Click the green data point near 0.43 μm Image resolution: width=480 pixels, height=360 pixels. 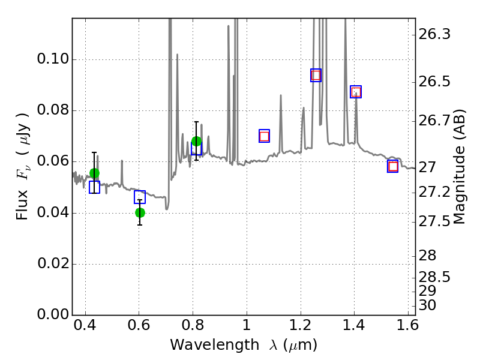pos(94,173)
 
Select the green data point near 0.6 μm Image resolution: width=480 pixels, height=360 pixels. pos(140,212)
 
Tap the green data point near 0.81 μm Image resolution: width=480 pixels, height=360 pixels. pos(196,142)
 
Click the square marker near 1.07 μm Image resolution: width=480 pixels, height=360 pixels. pos(264,136)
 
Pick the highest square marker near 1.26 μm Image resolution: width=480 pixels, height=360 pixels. pos(316,75)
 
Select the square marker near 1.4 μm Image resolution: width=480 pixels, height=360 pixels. pos(356,92)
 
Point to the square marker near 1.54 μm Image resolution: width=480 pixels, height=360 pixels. pos(393,166)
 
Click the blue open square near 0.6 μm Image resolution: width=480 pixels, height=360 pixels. pos(140,197)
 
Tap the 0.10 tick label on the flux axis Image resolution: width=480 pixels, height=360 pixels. pos(52,60)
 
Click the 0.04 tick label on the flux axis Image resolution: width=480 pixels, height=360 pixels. pos(52,214)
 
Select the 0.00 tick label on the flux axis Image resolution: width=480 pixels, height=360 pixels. pos(52,315)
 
